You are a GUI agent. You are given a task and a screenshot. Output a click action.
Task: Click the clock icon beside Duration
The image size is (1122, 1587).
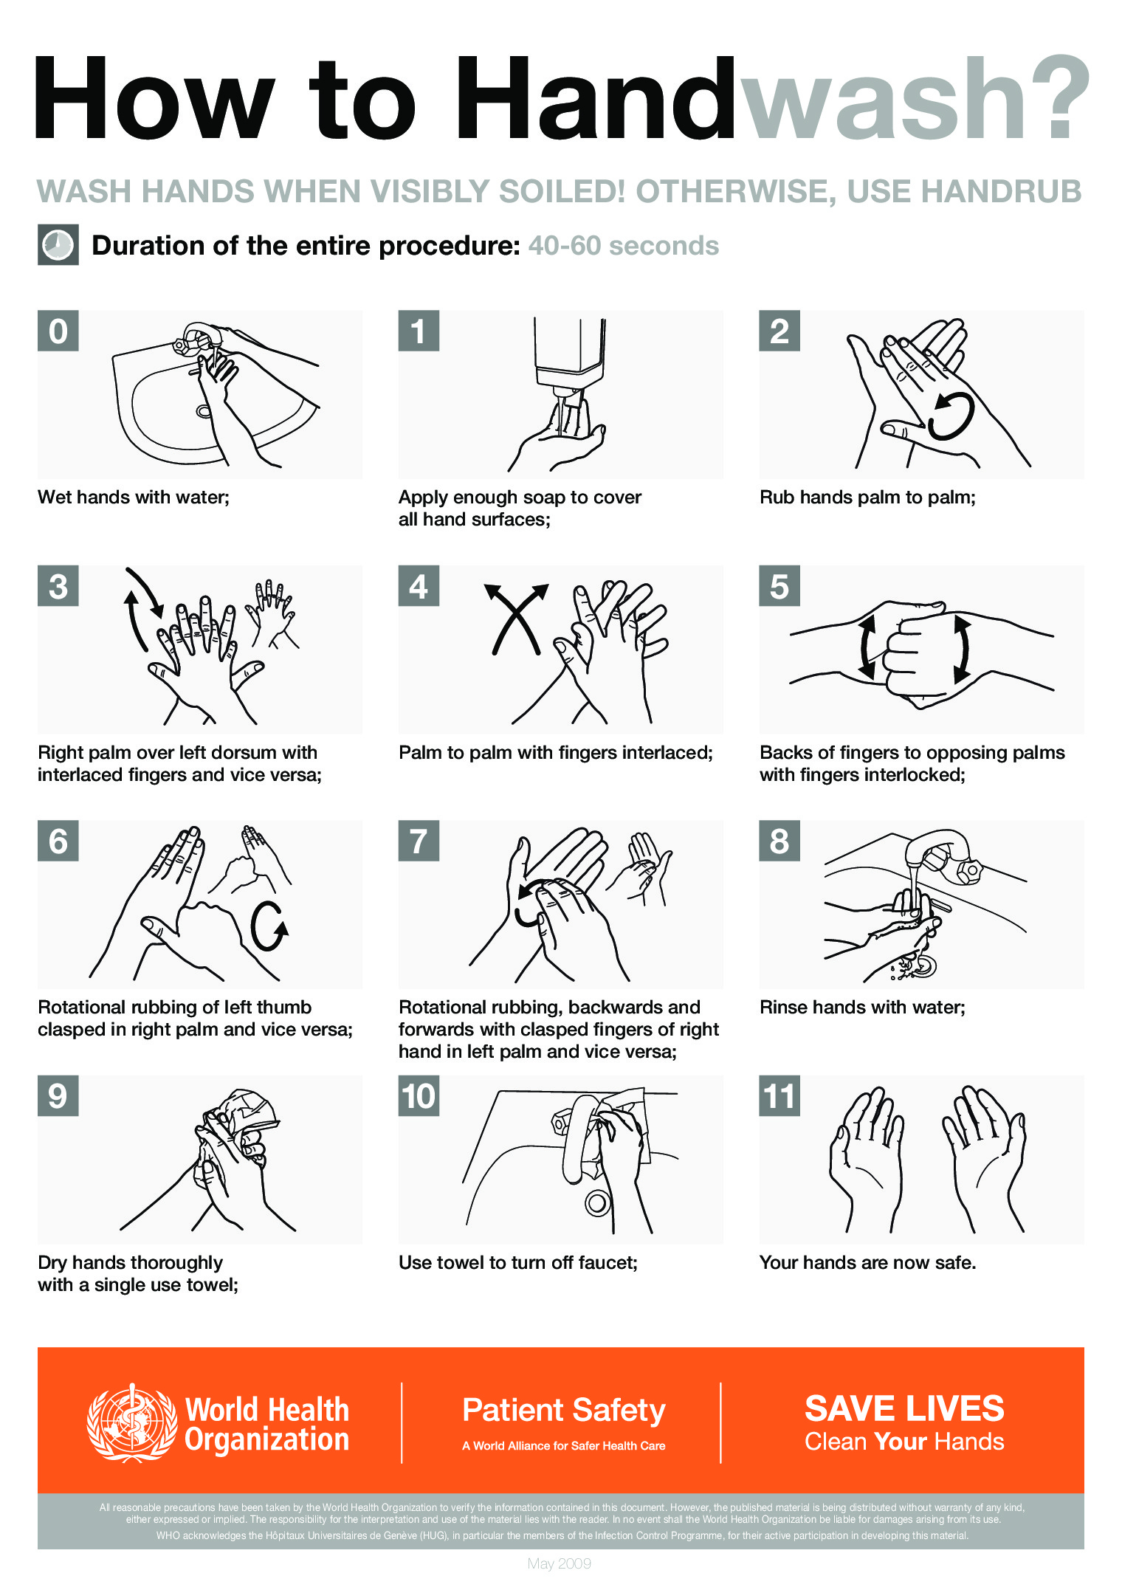58,245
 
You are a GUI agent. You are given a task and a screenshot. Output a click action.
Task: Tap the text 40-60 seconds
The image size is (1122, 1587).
623,246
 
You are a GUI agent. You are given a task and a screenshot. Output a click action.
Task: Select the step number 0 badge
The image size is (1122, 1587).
58,331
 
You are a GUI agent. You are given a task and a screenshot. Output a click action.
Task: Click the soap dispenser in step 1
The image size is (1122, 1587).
569,351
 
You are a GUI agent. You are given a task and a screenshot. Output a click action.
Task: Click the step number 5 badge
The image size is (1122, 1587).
779,586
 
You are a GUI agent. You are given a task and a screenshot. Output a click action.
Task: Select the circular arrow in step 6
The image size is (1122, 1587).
268,927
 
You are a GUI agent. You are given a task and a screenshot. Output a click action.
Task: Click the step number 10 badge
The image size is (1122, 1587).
419,1096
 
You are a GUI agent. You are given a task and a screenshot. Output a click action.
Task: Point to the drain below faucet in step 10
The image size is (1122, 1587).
597,1202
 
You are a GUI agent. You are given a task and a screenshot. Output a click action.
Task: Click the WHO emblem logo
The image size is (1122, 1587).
131,1423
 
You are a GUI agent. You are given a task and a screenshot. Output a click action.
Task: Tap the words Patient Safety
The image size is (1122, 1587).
563,1410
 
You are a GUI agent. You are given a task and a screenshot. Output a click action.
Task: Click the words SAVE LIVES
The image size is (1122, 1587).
904,1408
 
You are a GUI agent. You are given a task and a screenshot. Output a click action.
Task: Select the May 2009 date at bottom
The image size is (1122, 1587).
559,1563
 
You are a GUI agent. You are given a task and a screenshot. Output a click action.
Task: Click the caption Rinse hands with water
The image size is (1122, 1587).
862,1008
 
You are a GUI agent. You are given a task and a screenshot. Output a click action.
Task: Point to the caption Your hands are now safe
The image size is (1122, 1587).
867,1263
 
